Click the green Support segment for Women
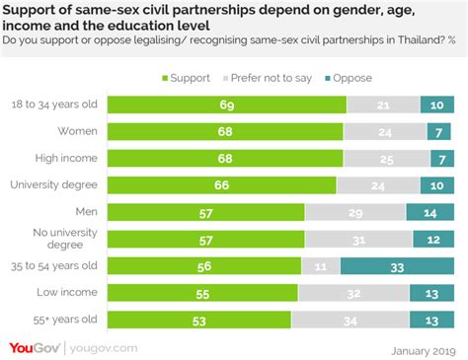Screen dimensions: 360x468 224,131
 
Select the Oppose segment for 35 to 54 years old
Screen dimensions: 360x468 399,264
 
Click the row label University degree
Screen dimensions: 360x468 53,183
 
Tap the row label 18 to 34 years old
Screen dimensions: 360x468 52,104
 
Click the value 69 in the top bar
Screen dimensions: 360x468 226,105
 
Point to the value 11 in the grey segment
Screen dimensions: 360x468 320,264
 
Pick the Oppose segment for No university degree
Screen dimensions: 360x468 433,238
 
